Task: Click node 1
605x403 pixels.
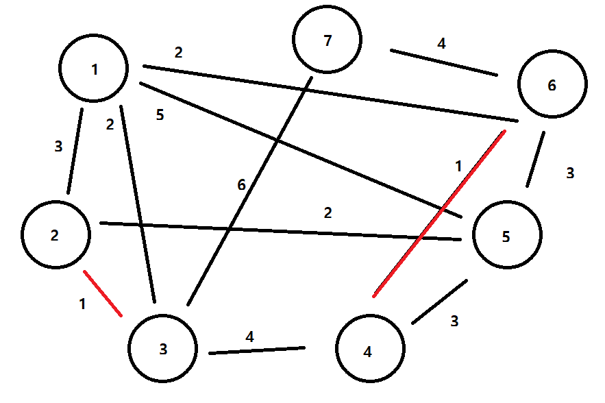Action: pos(94,69)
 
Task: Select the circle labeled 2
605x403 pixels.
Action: pos(55,236)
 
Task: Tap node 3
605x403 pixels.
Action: pos(163,349)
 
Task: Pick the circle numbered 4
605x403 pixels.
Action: pos(369,352)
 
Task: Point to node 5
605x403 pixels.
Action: pos(506,236)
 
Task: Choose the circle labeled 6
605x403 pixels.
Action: pos(552,86)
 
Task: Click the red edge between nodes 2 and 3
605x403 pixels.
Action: pos(103,293)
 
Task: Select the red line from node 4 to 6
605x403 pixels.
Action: pos(439,213)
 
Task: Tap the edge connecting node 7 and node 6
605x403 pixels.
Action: pos(443,62)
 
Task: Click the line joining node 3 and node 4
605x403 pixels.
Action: pos(257,351)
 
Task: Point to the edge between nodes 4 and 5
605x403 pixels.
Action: pos(439,302)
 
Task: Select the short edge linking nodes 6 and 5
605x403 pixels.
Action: pos(536,159)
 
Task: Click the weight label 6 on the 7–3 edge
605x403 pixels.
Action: pos(241,185)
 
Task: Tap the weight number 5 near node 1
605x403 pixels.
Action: pos(160,115)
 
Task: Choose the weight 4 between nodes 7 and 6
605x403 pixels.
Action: pos(441,44)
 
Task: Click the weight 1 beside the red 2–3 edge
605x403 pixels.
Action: pos(83,304)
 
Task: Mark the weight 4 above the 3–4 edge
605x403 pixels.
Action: pos(250,337)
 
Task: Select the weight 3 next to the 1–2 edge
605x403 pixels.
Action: pos(58,146)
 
